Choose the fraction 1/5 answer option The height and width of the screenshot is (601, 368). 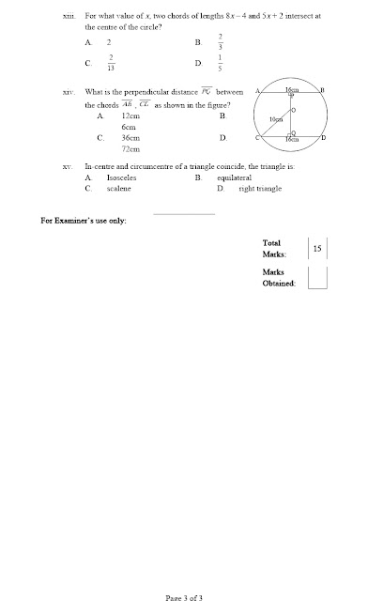click(219, 63)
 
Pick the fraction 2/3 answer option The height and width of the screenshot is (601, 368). click(219, 41)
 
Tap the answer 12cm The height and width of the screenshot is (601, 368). click(130, 115)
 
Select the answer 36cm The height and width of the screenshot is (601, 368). click(130, 137)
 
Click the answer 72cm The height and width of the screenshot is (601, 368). click(130, 149)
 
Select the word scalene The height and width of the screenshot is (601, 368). click(119, 188)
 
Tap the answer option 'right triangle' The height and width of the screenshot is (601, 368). click(260, 188)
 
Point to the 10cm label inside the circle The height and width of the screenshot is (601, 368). click(275, 120)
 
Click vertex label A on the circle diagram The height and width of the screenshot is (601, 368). click(256, 90)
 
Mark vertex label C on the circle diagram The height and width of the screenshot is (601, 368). click(256, 138)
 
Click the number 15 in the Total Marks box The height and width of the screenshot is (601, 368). click(317, 249)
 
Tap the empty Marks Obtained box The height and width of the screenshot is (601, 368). click(317, 278)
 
